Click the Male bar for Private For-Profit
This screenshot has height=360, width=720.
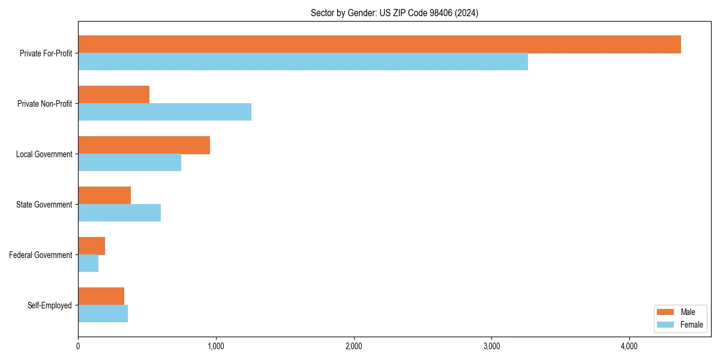click(x=379, y=44)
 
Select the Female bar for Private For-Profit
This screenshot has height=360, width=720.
click(x=303, y=62)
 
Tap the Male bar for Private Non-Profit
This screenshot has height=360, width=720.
click(x=114, y=95)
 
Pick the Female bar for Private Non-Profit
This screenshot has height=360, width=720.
click(x=164, y=112)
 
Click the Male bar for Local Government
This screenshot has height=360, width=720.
click(x=144, y=145)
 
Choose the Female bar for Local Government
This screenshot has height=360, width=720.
click(x=130, y=163)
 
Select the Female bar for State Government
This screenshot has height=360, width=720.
click(x=119, y=213)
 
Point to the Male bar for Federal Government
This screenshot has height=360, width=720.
click(x=92, y=246)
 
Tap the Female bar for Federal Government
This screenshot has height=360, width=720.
click(x=88, y=263)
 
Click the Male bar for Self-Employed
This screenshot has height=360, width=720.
click(x=101, y=296)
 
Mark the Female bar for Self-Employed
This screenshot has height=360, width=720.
click(x=103, y=314)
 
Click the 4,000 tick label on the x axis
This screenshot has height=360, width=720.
click(x=629, y=346)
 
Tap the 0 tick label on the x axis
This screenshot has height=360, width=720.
click(x=78, y=346)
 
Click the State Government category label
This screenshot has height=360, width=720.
click(x=44, y=205)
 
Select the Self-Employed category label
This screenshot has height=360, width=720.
click(x=50, y=305)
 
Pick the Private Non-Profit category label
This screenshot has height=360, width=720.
click(x=45, y=104)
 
